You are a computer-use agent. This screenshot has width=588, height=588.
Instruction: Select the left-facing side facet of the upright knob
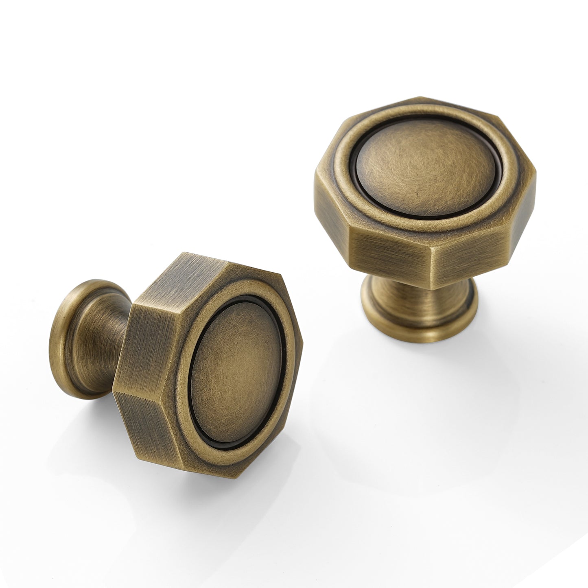coord(332,212)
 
